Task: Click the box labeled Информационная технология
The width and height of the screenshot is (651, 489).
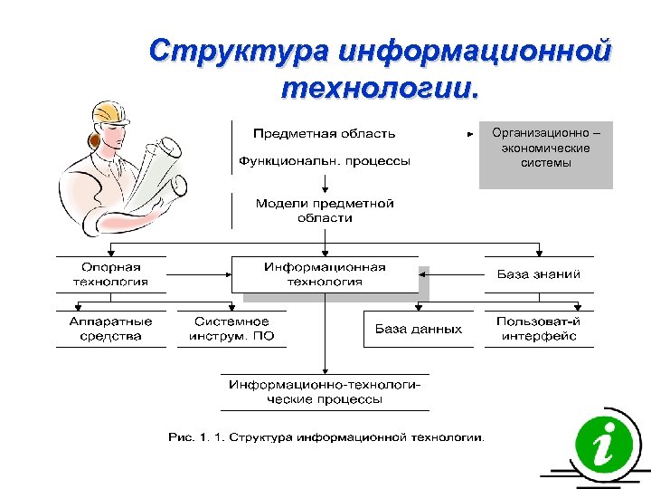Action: pos(325,274)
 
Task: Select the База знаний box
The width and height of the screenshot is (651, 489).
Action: pos(539,274)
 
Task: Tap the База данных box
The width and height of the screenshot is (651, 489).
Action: pos(419,330)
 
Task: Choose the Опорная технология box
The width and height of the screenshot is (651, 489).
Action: pos(110,274)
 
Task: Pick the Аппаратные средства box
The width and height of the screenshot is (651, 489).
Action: pos(110,329)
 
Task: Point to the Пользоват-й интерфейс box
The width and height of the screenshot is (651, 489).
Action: pos(539,329)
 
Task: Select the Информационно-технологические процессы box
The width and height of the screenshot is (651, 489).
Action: pos(325,392)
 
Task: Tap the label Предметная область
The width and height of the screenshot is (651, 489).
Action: pos(324,134)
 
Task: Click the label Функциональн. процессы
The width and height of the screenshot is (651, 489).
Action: pos(324,161)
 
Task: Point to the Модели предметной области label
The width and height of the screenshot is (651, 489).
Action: pos(325,211)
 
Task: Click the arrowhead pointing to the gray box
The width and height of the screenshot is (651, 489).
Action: pos(470,134)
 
